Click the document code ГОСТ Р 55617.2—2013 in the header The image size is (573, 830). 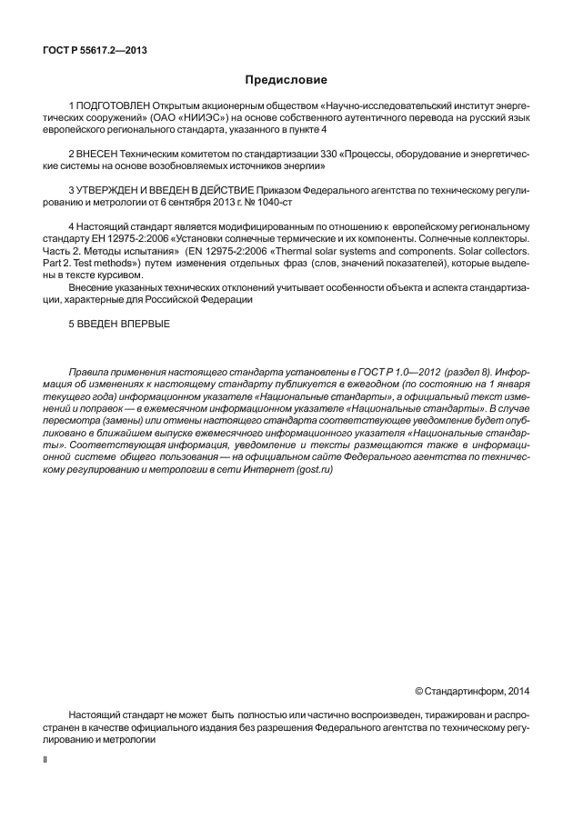(x=95, y=50)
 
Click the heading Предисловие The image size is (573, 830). (x=286, y=81)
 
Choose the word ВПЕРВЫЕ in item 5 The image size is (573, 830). (x=144, y=324)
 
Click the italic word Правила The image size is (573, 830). (x=89, y=374)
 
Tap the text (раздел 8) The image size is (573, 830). (x=468, y=374)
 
